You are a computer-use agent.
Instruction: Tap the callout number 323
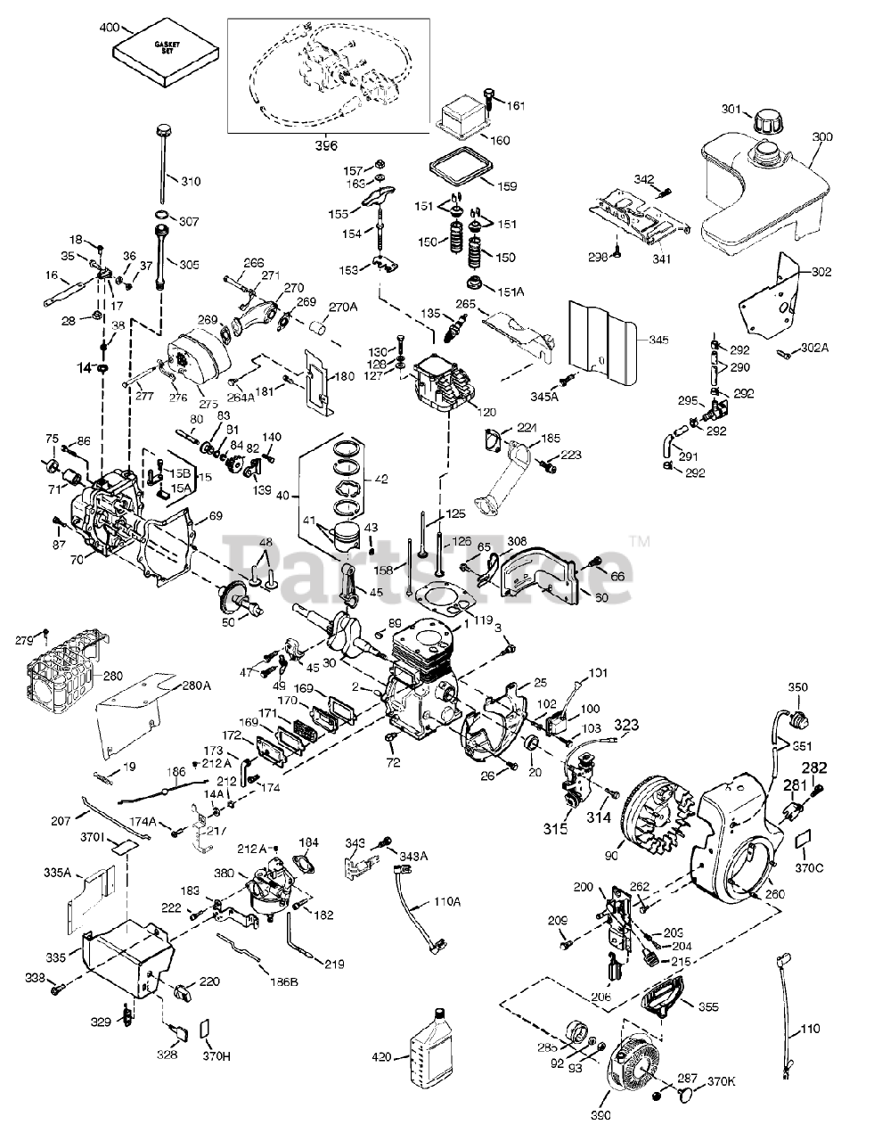pos(626,726)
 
